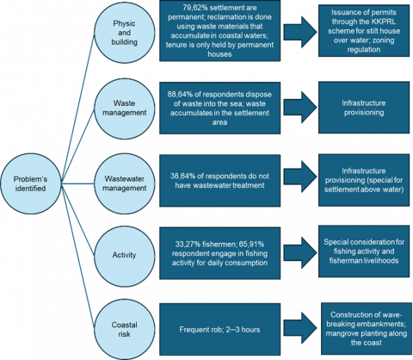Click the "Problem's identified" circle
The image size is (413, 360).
click(x=31, y=183)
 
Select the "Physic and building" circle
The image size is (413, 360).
click(x=125, y=33)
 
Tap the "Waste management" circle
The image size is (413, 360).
click(x=125, y=108)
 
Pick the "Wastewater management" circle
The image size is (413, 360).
click(x=125, y=183)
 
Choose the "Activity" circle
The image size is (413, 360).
click(x=125, y=255)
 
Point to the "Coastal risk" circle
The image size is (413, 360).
click(x=125, y=329)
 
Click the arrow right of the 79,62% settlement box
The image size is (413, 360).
click(x=300, y=32)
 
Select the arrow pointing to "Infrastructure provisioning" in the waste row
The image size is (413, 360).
click(x=300, y=108)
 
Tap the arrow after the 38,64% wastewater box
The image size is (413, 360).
click(x=300, y=177)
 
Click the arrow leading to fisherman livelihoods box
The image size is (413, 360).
click(x=300, y=252)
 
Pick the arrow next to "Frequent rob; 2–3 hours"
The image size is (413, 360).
click(x=300, y=328)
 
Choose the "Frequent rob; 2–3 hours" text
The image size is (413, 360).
click(x=219, y=329)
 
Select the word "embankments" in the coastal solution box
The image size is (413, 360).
click(x=381, y=324)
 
